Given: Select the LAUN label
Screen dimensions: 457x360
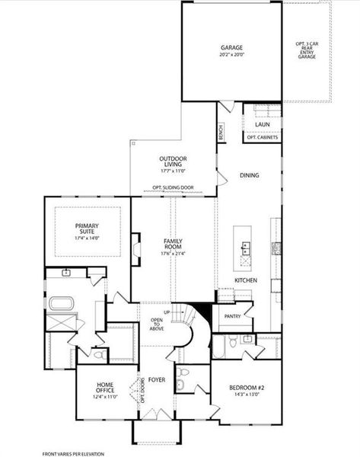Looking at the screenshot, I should click(263, 124).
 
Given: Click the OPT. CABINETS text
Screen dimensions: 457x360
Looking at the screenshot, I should click(263, 138).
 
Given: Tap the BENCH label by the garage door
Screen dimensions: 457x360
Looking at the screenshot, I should click(221, 133).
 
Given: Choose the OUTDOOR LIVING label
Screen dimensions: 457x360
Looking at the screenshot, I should click(173, 161).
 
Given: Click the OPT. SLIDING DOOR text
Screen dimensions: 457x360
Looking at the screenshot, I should click(173, 187).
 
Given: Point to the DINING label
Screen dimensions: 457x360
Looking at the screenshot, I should click(249, 175).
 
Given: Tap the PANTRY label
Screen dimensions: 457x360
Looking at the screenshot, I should click(232, 316).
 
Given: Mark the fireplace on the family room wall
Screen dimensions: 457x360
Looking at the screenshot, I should click(135, 248).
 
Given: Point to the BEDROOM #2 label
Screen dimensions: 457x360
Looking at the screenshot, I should click(245, 388).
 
